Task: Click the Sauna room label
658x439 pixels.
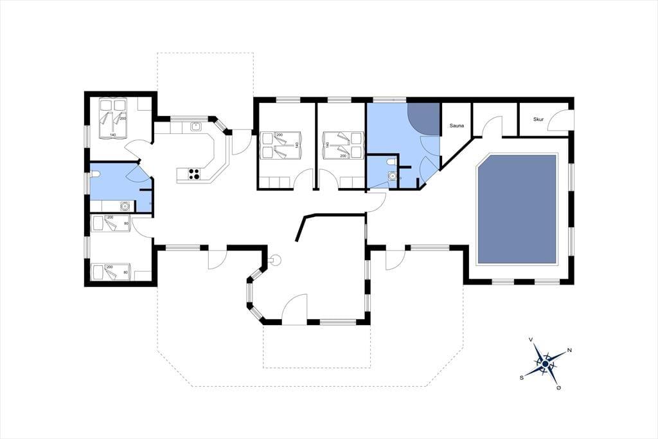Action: [x=457, y=126]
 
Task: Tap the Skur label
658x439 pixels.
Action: [x=538, y=120]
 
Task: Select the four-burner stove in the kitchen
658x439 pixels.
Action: [x=194, y=174]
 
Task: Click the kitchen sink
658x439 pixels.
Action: [x=195, y=126]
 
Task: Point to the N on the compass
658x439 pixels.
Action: [x=569, y=350]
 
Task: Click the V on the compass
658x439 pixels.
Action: [x=531, y=339]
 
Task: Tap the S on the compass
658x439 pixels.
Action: [x=522, y=378]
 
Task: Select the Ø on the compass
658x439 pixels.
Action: [x=558, y=388]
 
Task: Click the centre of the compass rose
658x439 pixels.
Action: [x=545, y=364]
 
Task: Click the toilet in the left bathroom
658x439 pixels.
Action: [x=94, y=174]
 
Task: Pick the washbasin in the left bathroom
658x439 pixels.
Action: [x=125, y=206]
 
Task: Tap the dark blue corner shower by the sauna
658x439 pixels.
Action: [x=423, y=119]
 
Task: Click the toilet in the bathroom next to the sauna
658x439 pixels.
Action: [x=391, y=162]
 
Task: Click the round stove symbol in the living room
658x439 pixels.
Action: [x=275, y=261]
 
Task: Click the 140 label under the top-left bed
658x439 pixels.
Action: [x=113, y=135]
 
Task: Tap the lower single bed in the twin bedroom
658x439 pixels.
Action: [x=111, y=272]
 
